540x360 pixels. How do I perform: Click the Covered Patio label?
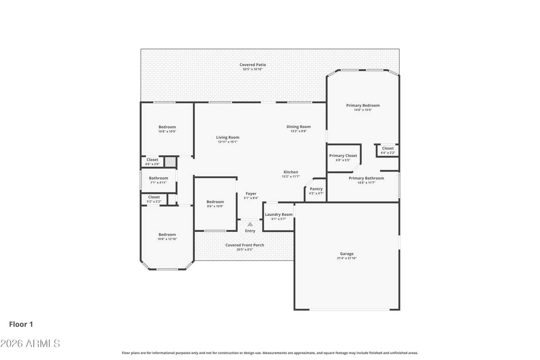tap(253, 65)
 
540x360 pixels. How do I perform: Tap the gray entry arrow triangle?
tap(250, 224)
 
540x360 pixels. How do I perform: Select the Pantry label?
tap(316, 189)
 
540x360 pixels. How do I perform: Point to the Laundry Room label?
tap(279, 214)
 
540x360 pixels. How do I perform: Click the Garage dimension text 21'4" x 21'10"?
tap(347, 258)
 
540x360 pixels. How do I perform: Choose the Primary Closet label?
tap(343, 156)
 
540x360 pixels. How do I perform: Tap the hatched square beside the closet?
tap(170, 162)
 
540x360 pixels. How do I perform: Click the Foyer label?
tap(251, 194)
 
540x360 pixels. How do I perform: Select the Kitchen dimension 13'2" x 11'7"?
tap(291, 176)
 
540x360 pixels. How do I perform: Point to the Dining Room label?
tap(298, 127)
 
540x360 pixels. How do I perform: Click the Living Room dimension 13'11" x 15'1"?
tap(227, 142)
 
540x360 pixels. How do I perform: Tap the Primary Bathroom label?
tap(366, 178)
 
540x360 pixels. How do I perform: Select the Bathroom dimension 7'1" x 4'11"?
tap(158, 182)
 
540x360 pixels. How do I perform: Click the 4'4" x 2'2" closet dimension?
tap(388, 153)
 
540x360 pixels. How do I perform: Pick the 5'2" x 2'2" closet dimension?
tap(154, 201)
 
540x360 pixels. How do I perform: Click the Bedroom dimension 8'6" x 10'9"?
tap(215, 206)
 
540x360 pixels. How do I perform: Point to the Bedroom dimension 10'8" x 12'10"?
tap(167, 239)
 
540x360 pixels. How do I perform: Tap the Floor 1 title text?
tap(21, 324)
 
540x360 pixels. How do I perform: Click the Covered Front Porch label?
tap(244, 245)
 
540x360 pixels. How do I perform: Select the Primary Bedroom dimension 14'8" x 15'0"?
tap(363, 110)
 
